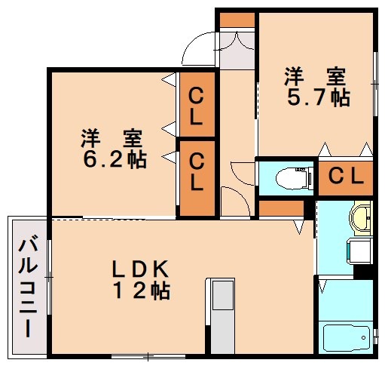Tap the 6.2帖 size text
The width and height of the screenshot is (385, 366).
click(114, 159)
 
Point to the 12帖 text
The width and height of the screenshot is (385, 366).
click(143, 291)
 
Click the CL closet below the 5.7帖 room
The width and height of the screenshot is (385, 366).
click(345, 178)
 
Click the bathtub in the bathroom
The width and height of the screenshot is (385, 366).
click(346, 337)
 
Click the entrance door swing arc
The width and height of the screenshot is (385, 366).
click(199, 48)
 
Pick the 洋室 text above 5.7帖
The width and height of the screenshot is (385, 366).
click(316, 76)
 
